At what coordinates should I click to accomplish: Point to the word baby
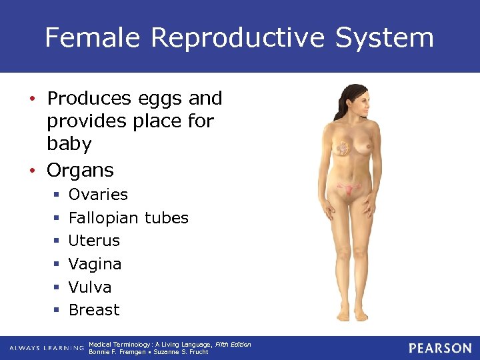click(x=69, y=144)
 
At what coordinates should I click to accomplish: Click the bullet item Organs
click(x=80, y=170)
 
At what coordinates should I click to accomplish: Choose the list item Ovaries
click(x=98, y=195)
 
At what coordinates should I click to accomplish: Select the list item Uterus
click(x=94, y=241)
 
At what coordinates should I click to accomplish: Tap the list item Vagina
click(x=95, y=264)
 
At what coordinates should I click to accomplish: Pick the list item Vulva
click(x=90, y=287)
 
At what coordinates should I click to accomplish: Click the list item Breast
click(x=94, y=310)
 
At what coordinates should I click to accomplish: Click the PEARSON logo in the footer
click(x=440, y=348)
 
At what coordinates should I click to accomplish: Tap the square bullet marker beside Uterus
click(x=57, y=241)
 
